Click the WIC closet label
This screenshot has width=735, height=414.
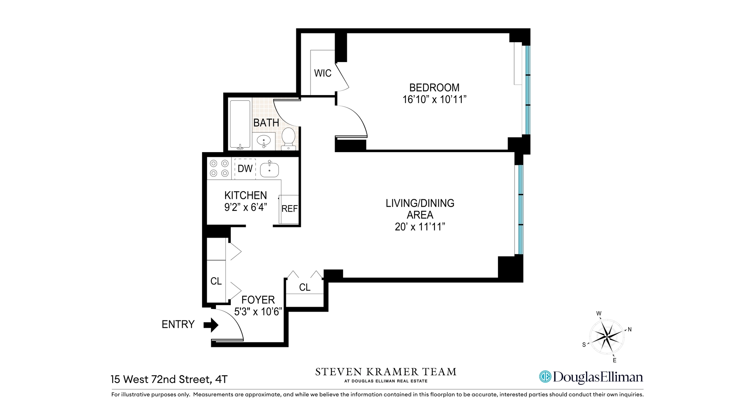pos(322,73)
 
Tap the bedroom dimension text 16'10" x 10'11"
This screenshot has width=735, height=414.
pos(434,100)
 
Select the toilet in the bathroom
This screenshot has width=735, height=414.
pos(288,138)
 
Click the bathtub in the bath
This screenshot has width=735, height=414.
pos(240,125)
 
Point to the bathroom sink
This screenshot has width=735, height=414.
pos(263,141)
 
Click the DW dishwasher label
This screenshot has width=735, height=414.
pos(245,169)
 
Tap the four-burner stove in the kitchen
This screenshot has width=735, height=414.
pos(219,169)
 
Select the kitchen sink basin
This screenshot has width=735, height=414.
pos(269,169)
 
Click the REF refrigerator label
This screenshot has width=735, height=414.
pos(289,209)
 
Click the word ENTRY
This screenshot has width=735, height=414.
pos(178,325)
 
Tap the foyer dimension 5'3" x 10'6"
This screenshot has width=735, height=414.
pos(258,312)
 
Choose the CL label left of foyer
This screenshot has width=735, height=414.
pos(216,281)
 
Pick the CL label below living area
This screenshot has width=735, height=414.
pos(305,287)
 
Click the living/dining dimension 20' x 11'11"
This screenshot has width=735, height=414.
pos(420,227)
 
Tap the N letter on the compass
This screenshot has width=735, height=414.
pos(630,329)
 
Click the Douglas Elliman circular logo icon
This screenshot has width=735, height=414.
pos(545,377)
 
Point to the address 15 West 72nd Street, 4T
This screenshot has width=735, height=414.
pos(169,379)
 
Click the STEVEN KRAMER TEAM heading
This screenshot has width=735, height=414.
pos(385,372)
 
